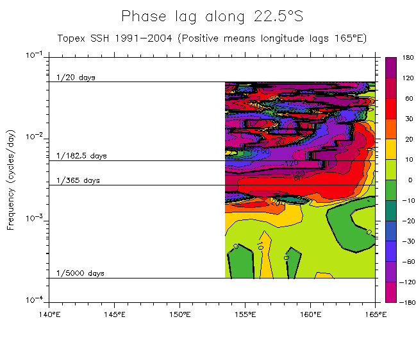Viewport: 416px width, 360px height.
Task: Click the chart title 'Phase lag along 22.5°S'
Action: pos(211,17)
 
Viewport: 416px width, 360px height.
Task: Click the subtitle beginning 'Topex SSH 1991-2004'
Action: pos(212,39)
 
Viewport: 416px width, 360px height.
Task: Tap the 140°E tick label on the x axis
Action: pos(49,314)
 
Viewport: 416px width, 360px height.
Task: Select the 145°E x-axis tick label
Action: pos(114,314)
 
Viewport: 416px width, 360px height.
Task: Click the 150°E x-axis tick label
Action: pos(180,314)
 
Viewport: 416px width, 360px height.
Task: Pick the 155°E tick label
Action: pos(245,314)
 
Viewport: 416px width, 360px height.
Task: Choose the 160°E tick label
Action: pos(311,314)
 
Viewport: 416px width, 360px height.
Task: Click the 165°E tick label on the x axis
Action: pos(376,314)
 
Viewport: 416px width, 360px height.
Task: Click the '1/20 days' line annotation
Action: pos(76,78)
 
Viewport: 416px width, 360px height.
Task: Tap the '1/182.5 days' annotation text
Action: pos(81,156)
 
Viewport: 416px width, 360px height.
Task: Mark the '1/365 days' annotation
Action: pos(78,181)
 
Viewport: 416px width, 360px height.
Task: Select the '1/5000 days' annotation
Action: pos(80,273)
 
